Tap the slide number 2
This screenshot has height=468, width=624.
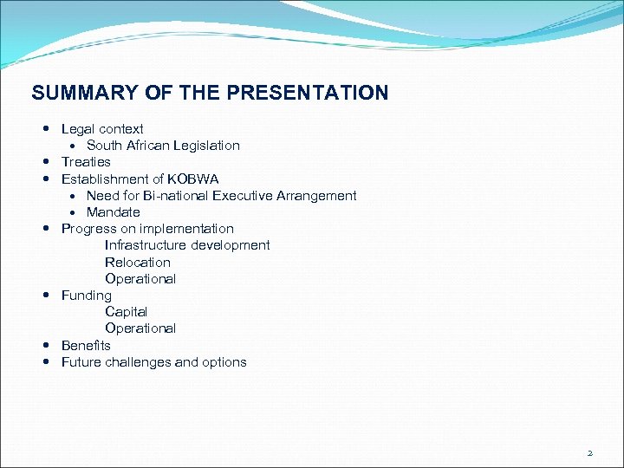[x=590, y=452]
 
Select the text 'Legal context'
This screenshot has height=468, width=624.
[x=102, y=129]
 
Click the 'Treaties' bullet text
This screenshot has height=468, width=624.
[x=86, y=162]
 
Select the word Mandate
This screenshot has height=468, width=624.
[x=113, y=212]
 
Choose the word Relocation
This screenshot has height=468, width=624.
[x=138, y=263]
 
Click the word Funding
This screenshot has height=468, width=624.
[x=87, y=296]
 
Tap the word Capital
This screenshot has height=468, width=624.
[x=127, y=312]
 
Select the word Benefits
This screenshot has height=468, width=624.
[x=86, y=346]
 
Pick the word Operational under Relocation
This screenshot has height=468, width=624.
[x=140, y=279]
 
